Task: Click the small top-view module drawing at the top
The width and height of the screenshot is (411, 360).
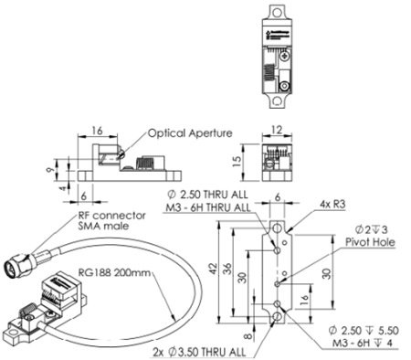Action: click(279, 49)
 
